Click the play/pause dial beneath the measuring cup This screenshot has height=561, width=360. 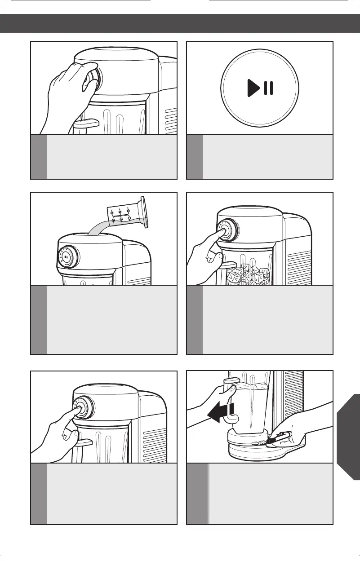point(67,257)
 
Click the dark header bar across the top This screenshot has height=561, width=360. point(180,23)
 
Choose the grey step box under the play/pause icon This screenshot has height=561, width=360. point(260,157)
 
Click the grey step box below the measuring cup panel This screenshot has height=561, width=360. point(104,320)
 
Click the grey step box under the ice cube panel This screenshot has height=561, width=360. point(260,320)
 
